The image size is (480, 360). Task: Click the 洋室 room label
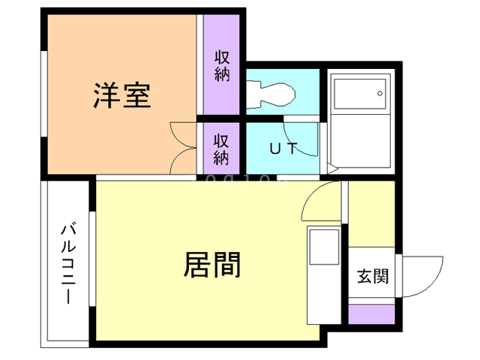[x=122, y=95]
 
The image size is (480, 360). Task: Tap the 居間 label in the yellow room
[x=212, y=264]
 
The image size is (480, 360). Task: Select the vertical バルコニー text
[x=67, y=262]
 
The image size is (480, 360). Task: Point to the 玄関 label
[x=373, y=276]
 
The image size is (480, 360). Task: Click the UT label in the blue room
[x=283, y=148]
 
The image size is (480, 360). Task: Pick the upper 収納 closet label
[x=221, y=66]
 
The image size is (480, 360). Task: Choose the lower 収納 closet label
[x=221, y=148]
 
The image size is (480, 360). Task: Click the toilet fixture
[x=271, y=94]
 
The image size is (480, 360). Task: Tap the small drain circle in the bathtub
[x=380, y=94]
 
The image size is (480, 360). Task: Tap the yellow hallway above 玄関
[x=372, y=214]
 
